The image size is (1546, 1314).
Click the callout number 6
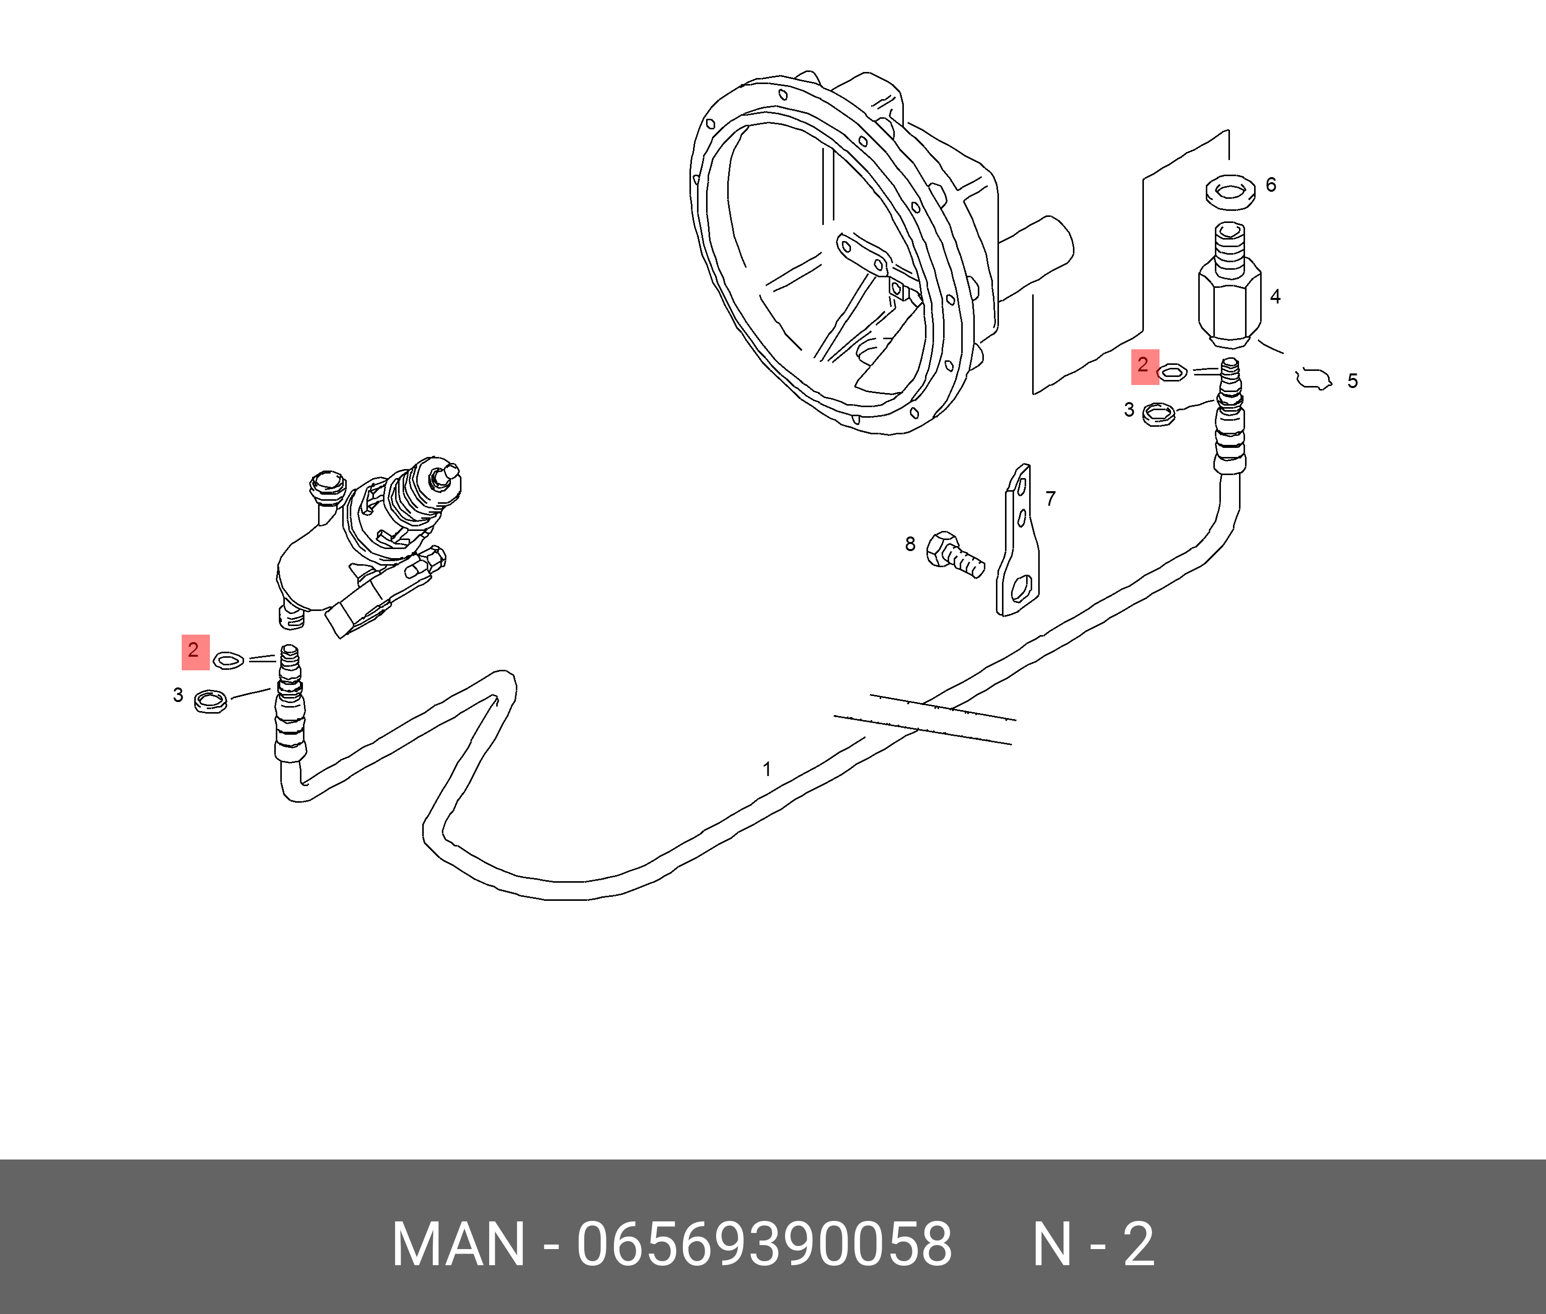point(1270,185)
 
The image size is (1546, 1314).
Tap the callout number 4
point(1275,296)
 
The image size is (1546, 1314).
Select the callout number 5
point(1352,381)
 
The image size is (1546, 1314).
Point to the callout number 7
point(1050,498)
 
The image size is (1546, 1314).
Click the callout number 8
point(910,545)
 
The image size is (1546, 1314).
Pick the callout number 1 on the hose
point(767,769)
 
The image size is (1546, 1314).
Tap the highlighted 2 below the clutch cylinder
point(194,651)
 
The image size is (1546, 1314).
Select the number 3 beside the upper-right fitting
point(1129,410)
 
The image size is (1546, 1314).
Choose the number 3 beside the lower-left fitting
point(178,695)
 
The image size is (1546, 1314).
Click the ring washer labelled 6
point(1230,192)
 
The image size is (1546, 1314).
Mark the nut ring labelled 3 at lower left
point(210,701)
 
